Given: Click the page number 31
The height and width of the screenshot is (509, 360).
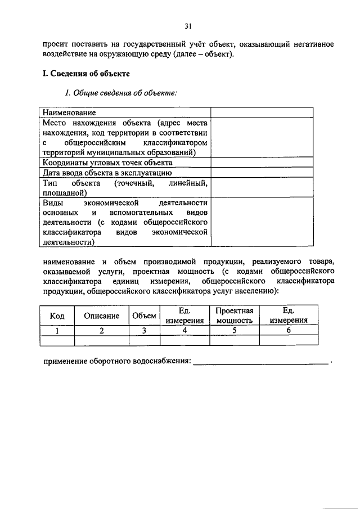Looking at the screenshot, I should coord(188,25).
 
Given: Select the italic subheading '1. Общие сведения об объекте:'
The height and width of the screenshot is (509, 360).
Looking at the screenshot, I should coord(121,93).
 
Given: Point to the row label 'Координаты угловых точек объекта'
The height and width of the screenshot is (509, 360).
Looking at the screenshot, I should coord(108,162).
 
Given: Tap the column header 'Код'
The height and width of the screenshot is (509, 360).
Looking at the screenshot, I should coord(57,316).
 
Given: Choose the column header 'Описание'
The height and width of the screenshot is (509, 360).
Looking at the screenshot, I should coord(102,316).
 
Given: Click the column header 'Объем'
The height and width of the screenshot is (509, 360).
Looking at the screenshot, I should coord(145,316).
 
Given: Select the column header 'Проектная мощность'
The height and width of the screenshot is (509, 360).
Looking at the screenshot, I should coord(234,316).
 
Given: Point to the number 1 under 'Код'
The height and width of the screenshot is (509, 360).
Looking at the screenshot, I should coord(57,331).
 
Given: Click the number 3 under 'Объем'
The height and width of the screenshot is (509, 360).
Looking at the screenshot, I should coord(145,331).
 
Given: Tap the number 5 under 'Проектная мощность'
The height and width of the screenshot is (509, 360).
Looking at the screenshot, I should coord(234,331).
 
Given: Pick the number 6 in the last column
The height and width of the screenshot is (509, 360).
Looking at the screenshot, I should coord(289,331).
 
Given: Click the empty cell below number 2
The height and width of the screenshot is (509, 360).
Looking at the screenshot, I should coord(102,340).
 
